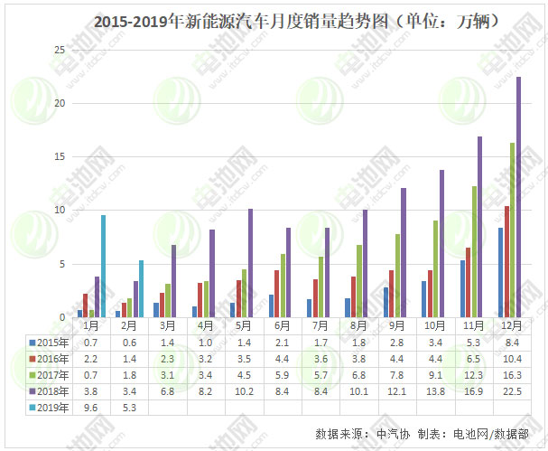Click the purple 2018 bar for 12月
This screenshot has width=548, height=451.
[x=518, y=197]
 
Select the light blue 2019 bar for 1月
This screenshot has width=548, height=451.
[x=103, y=267]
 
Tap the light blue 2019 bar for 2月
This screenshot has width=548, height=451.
[x=141, y=289]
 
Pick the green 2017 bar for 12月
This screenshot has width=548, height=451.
[x=512, y=230]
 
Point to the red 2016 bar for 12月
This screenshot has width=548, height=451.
[x=506, y=262]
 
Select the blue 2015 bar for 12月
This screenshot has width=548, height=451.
[x=500, y=273]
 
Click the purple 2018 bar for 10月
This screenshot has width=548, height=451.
[x=441, y=244]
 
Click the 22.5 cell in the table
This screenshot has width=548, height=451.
[x=510, y=391]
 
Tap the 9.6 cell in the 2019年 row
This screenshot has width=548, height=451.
[x=90, y=408]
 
